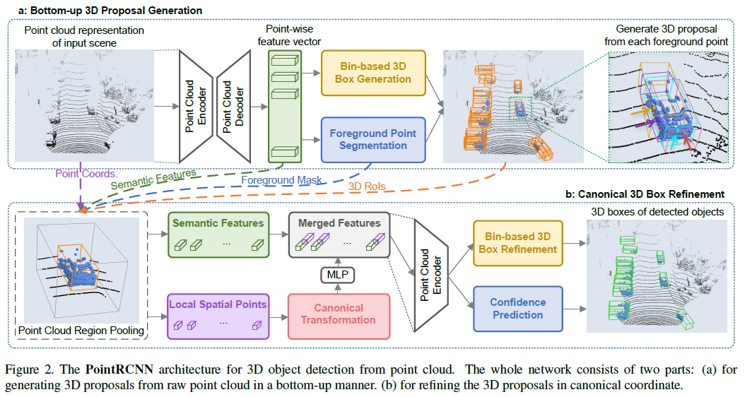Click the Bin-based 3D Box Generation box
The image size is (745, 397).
click(x=373, y=71)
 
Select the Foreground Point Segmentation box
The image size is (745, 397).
click(x=373, y=139)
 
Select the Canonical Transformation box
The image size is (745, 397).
click(x=339, y=314)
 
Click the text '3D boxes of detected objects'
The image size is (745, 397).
click(x=657, y=211)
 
